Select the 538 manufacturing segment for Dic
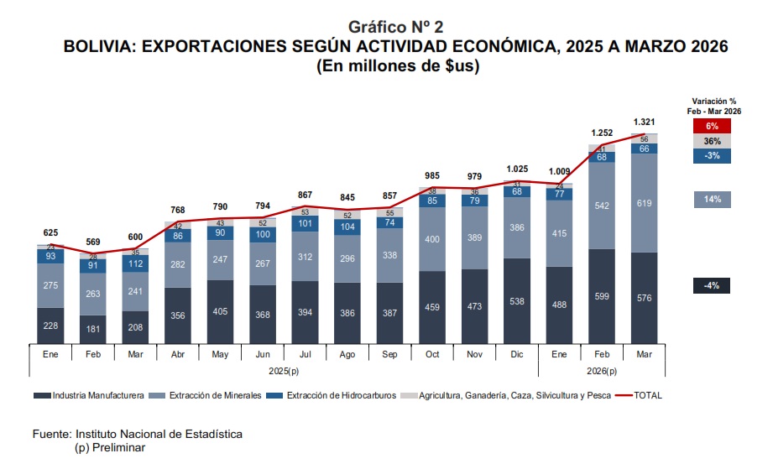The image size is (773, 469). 518,300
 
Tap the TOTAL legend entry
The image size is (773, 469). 641,394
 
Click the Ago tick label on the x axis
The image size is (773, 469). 347,355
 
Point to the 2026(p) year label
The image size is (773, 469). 602,370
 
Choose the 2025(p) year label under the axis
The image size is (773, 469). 284,370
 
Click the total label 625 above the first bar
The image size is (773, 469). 51,232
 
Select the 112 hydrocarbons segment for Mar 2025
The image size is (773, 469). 136,263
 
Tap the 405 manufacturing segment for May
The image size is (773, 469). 221,311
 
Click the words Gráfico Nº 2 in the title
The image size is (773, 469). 395,28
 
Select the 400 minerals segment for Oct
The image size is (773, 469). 432,239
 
